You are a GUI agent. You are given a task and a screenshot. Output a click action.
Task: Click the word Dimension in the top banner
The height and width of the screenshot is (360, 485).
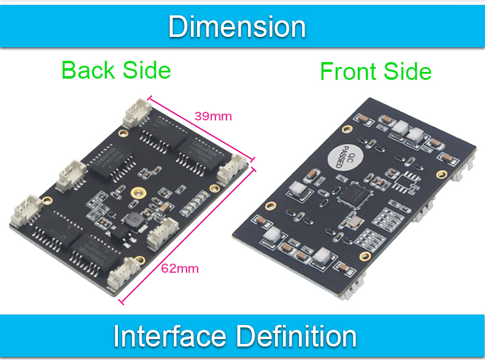(237, 27)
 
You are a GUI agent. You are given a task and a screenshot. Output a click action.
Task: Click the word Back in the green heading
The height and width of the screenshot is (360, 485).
(88, 70)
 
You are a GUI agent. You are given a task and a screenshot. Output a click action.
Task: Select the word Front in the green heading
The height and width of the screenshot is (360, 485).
(348, 71)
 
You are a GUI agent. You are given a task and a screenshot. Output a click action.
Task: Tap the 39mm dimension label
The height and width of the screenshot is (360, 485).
(213, 116)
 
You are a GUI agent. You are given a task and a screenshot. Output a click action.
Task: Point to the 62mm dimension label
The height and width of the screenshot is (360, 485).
(180, 268)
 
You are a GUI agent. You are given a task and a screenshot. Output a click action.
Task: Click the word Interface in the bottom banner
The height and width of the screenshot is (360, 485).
(170, 336)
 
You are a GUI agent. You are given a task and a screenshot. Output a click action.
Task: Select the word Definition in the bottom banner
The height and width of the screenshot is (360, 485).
(297, 336)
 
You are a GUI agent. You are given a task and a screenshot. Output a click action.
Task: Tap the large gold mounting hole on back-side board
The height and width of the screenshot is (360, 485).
(138, 192)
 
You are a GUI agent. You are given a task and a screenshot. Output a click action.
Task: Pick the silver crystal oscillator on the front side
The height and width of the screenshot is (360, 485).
(354, 222)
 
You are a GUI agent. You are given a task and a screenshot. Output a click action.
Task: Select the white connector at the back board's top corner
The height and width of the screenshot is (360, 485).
(138, 112)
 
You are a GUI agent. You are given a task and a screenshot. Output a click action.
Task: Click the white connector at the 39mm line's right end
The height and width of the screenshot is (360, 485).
(232, 170)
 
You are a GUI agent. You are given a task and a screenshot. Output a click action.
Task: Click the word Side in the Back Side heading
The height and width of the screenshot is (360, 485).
(147, 70)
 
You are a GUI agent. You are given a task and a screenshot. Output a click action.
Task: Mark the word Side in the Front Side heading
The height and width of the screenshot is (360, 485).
(408, 71)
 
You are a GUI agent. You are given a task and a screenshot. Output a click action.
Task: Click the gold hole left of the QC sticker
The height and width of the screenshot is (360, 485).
(347, 129)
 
